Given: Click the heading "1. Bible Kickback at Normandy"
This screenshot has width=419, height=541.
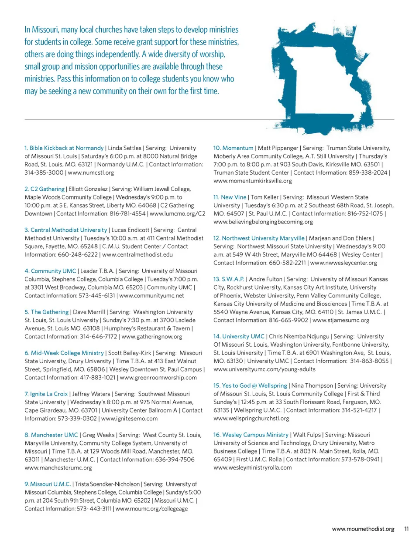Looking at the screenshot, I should click(64, 148).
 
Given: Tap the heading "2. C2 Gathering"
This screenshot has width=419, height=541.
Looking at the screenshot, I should click(45, 189).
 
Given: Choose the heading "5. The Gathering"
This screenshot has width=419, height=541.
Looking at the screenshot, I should click(47, 312).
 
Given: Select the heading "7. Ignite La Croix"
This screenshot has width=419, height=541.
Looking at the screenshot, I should click(46, 394).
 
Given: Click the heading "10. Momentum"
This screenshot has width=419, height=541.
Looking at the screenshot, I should click(233, 148).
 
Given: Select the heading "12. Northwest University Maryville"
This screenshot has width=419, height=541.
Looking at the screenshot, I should click(259, 238).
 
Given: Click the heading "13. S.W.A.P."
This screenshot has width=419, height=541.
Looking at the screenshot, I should click(229, 279).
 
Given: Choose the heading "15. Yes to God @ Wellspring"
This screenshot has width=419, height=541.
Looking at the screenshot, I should click(250, 385).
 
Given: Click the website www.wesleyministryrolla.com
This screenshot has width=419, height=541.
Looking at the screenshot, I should click(252, 468).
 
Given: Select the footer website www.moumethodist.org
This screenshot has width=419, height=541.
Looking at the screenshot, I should click(363, 529).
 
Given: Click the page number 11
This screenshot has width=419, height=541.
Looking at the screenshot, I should click(406, 529).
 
